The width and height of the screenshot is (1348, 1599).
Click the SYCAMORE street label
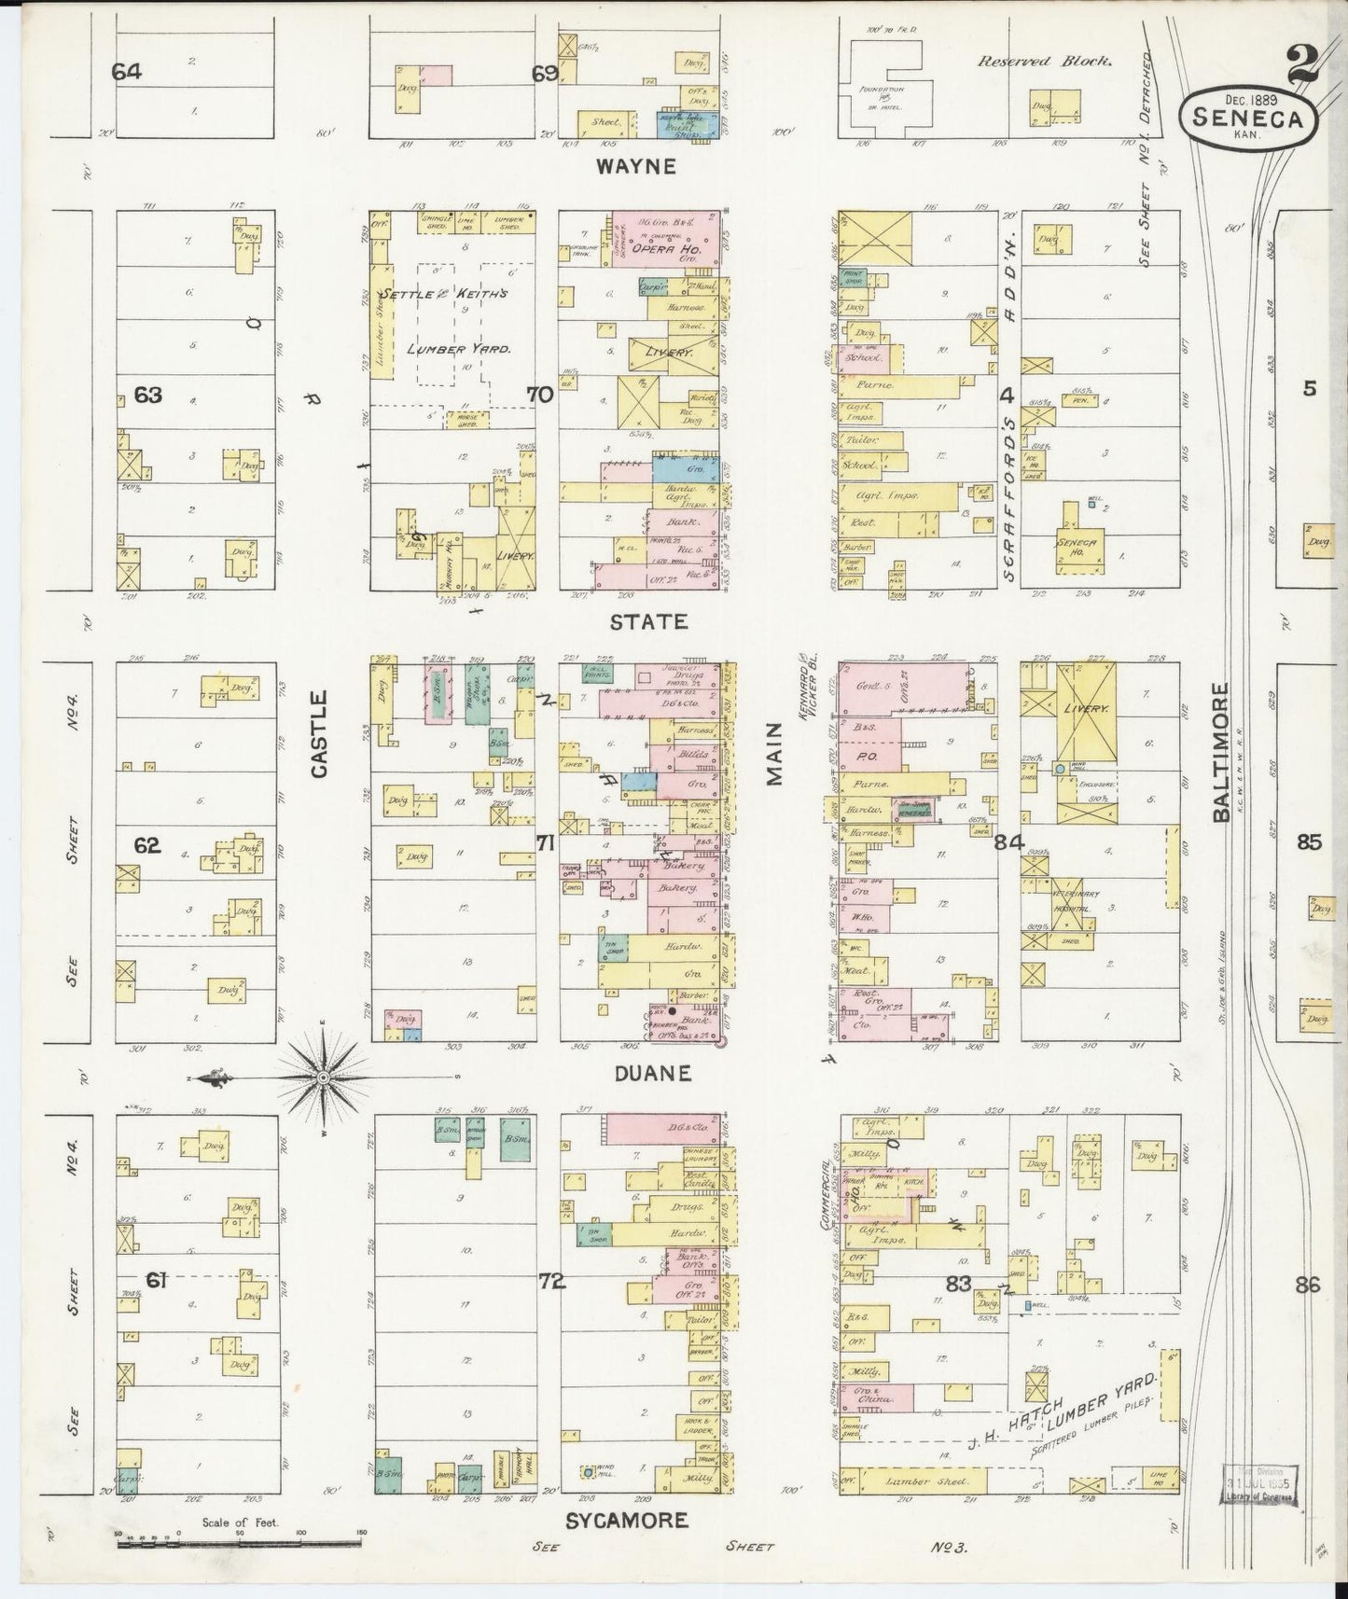coord(627,1521)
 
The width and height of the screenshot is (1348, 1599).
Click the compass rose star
coord(322,1078)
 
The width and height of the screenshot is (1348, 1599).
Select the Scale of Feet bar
coord(239,1544)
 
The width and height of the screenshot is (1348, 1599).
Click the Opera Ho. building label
coord(660,250)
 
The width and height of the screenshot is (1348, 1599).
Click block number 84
coord(1009,842)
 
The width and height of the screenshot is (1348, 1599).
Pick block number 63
coord(147,395)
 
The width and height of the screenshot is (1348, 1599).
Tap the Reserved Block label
coord(1044,62)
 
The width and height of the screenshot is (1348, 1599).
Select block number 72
coord(552,1282)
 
